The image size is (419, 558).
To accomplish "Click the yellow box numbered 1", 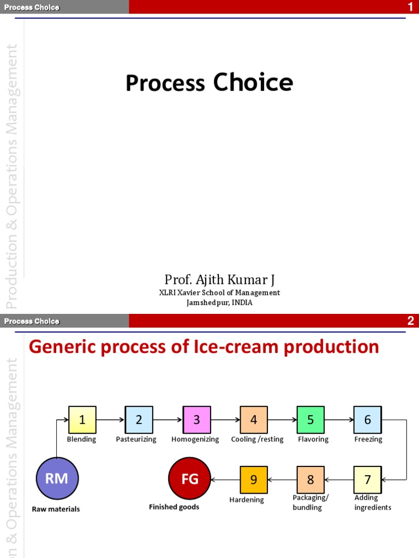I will [x=82, y=420].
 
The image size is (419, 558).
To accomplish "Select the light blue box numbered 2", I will [x=139, y=420].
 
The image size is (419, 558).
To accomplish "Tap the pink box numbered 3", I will [x=196, y=420].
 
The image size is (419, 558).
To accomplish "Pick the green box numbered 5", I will [x=310, y=420].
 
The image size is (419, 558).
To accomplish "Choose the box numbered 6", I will [x=367, y=420].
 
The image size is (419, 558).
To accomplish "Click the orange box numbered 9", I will [x=254, y=480].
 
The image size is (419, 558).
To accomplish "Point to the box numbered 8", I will [x=310, y=480].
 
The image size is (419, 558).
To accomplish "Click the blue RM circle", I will [x=57, y=479].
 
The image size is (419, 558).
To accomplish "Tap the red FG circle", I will [x=190, y=479].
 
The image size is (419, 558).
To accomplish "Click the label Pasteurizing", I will [x=136, y=439].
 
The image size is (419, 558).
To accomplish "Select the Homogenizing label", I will [x=195, y=439].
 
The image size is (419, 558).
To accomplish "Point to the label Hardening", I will [x=247, y=500].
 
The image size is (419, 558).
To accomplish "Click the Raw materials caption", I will [x=56, y=509].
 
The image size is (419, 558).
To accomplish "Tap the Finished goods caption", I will [x=174, y=507].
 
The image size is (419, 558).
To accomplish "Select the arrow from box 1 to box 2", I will [x=110, y=420].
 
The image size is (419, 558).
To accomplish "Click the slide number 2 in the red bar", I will [x=411, y=322].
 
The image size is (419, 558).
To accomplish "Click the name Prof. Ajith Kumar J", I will [x=219, y=280].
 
